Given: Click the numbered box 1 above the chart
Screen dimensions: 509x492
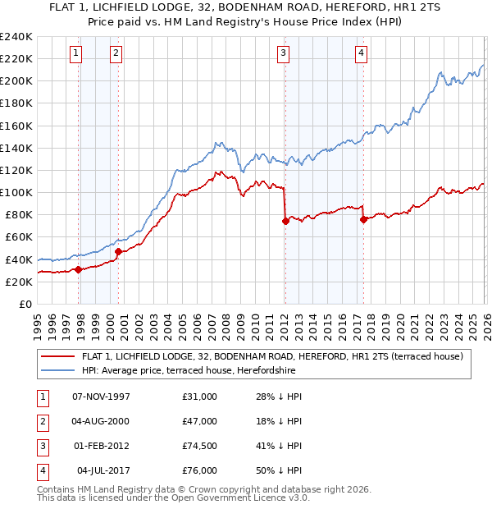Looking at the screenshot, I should tap(75, 53).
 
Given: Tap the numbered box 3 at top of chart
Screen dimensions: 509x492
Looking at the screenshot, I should tap(283, 53).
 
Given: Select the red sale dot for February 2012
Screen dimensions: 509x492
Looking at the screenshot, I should tap(285, 221).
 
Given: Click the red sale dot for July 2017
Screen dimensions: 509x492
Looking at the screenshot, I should tap(362, 219).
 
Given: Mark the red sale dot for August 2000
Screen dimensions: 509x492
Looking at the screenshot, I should tap(118, 251).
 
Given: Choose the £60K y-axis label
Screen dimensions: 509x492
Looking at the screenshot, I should tap(18, 236).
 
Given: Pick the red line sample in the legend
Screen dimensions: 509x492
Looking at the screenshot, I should tap(58, 356).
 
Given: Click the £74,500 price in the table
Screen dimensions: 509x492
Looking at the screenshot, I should tap(200, 447).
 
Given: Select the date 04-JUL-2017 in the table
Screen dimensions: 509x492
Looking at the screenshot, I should tap(103, 471).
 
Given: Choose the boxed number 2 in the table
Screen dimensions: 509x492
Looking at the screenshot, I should tap(41, 421).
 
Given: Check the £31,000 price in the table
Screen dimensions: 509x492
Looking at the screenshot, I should tap(200, 397).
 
